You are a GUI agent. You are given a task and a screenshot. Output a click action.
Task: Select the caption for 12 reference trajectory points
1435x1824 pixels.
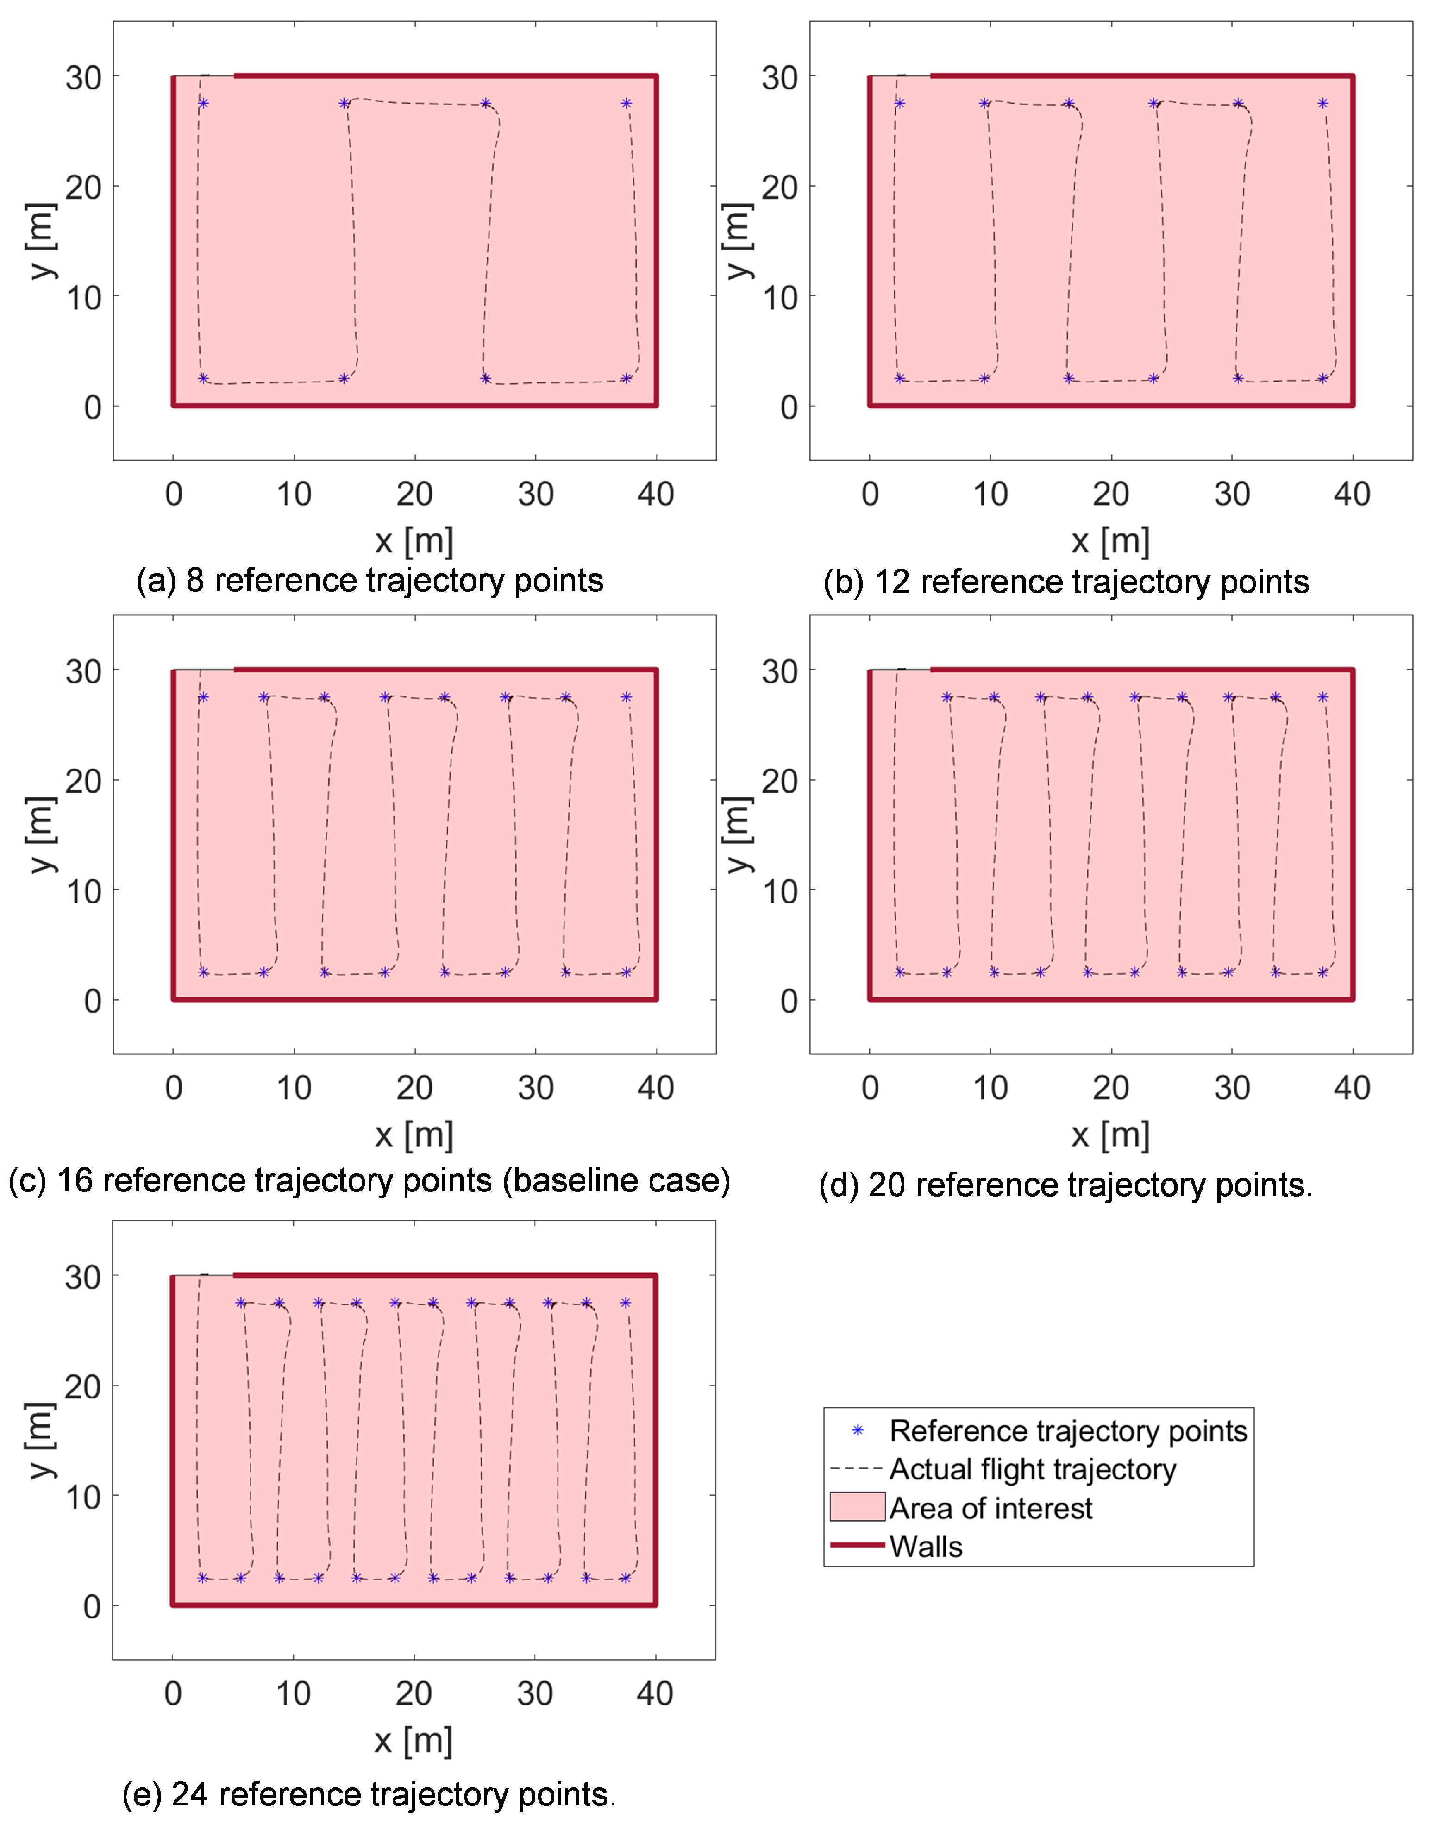1066,582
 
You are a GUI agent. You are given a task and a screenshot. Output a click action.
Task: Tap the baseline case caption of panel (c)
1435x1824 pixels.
369,1180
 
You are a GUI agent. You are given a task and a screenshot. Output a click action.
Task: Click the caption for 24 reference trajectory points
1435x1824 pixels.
369,1794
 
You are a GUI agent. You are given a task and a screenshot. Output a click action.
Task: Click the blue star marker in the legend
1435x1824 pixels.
858,1430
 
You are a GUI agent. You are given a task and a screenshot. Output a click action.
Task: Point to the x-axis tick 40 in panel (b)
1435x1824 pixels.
1352,494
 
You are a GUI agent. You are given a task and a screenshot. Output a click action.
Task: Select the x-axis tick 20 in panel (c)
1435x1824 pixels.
414,1088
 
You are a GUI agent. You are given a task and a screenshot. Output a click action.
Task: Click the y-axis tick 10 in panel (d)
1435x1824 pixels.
780,890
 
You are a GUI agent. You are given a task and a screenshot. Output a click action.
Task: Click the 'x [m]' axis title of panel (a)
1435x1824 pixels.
414,540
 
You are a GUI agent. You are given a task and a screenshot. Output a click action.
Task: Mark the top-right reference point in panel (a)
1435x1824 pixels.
626,103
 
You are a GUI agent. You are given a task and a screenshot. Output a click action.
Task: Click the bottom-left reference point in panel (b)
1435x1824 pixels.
900,378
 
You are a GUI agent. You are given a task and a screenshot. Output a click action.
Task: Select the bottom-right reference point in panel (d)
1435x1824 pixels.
1322,972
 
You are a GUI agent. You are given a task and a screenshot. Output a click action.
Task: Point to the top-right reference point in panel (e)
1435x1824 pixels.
625,1303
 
